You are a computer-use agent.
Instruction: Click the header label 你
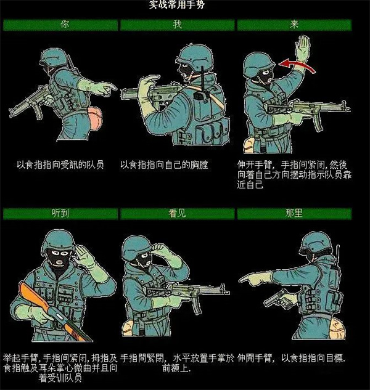pos(65,25)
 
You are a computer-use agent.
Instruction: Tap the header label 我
pos(177,25)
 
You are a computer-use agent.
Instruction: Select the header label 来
pos(294,25)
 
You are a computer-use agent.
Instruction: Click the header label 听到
pos(60,213)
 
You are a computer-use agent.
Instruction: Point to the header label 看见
pos(177,213)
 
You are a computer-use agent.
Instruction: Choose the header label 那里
pos(294,213)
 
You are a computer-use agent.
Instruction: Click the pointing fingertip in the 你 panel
pos(115,87)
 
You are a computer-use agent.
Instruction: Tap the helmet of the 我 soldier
pos(195,55)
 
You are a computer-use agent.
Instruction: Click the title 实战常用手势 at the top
pos(177,4)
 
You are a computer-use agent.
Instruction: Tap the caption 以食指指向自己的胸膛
pos(164,165)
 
